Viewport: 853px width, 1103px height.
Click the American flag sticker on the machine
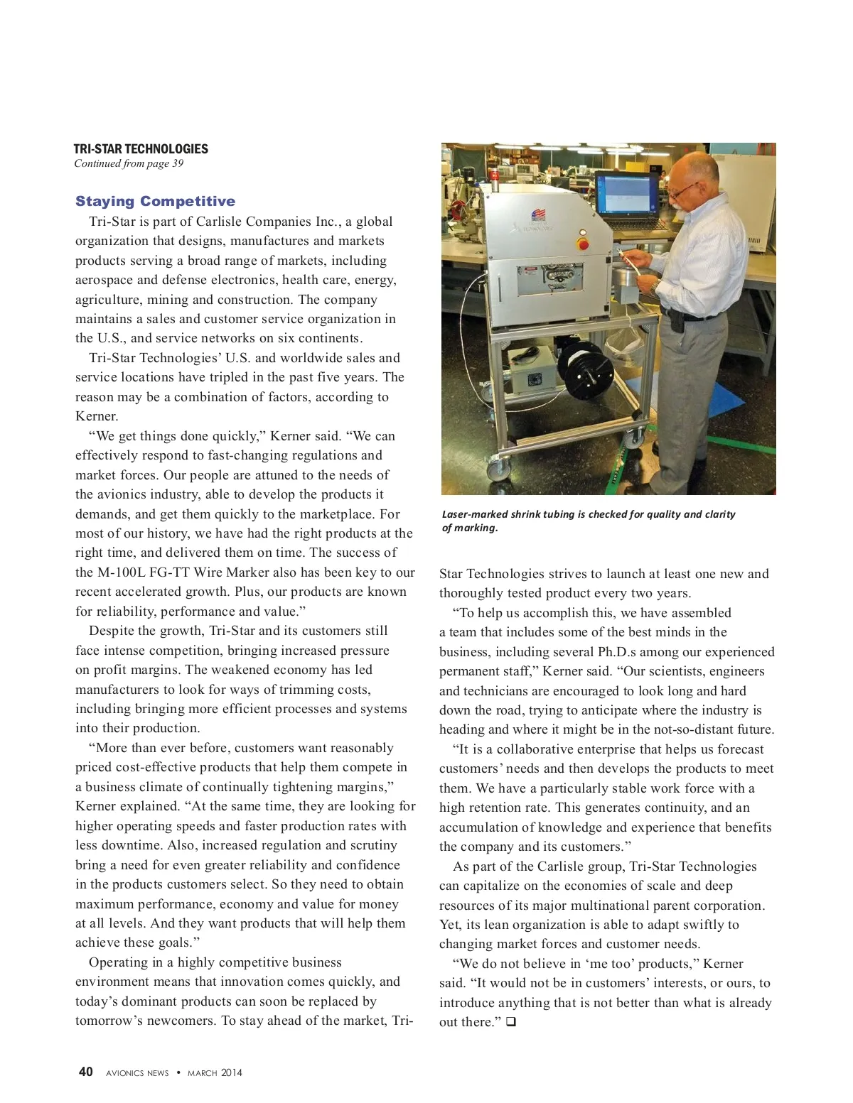tap(538, 215)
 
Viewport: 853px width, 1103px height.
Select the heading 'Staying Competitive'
tap(155, 201)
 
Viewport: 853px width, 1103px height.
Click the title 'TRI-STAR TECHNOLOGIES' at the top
tap(141, 149)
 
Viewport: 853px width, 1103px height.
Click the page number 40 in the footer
tap(85, 1072)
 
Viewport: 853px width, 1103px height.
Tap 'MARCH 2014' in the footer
tap(215, 1072)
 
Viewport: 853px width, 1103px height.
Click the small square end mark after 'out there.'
tap(510, 1022)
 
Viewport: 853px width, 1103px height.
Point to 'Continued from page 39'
tap(129, 163)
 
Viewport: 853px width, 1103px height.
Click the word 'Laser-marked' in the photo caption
tap(474, 514)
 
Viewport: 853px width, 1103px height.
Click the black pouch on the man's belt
tap(677, 320)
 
